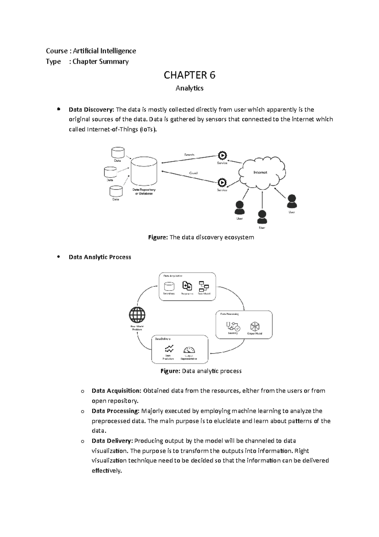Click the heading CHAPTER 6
point(189,75)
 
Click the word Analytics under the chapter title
point(189,88)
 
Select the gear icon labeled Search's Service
point(222,156)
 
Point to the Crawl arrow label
point(193,173)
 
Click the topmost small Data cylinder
point(118,152)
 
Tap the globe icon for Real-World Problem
point(137,315)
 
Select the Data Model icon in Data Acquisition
point(204,287)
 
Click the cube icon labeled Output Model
point(255,326)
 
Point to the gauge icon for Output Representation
point(189,350)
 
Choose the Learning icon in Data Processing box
point(233,326)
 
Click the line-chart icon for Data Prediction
point(169,349)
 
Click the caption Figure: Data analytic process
point(201,371)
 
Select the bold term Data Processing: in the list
point(115,411)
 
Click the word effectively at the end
point(106,471)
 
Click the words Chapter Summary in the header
point(100,61)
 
